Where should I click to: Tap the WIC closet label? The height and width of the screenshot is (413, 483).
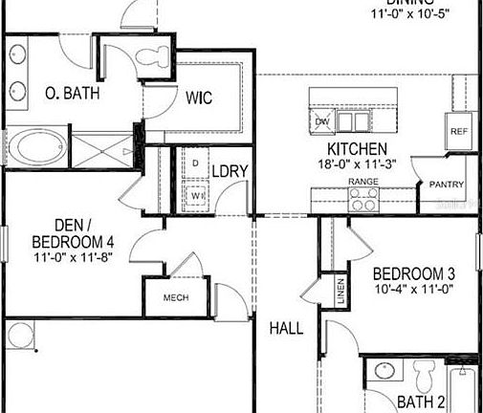coord(198,98)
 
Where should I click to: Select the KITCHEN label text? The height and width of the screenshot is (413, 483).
coord(357,149)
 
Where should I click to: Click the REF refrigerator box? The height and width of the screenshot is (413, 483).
coord(459,130)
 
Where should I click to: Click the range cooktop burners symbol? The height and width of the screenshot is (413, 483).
coord(362,198)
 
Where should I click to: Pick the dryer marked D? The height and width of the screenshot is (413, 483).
coord(196,163)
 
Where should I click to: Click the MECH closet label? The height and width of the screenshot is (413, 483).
coord(176,297)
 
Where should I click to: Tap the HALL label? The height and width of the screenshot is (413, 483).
coord(286,328)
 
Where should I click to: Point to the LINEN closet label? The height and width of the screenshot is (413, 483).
coord(340,291)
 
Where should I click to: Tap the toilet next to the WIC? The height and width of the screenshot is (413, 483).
coord(152,57)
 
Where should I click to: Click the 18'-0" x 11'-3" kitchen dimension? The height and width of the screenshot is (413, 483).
coord(357,165)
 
